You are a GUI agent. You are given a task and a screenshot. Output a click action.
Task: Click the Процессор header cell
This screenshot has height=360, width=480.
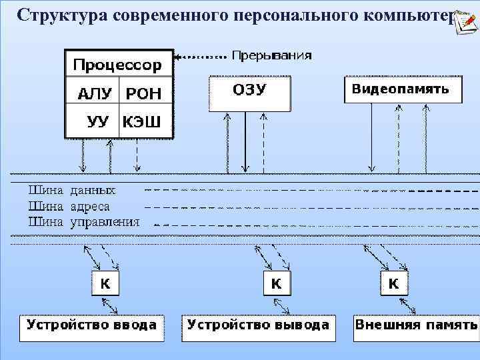coord(118,65)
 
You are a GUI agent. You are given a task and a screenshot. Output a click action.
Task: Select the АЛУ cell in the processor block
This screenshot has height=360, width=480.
coord(92,94)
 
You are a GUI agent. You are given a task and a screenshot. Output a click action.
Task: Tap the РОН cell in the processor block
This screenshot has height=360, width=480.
coord(144,94)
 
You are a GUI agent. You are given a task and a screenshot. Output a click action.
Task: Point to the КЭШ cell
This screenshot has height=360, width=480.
coord(145,121)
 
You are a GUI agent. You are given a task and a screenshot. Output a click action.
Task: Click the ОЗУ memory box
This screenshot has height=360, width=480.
coord(250,93)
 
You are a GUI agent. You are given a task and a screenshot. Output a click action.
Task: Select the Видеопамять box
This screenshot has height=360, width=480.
coord(403,89)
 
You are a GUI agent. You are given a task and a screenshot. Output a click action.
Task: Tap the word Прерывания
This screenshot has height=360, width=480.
coord(271,56)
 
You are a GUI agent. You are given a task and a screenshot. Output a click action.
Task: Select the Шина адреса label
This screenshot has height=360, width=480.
coord(69,207)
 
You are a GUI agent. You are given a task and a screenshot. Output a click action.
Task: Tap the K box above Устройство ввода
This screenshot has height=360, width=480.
coord(105,283)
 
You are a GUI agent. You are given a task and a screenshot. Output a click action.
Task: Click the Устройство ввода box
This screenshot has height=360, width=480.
coord(92,327)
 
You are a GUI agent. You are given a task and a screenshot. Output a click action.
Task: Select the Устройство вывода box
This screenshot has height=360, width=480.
coord(259,327)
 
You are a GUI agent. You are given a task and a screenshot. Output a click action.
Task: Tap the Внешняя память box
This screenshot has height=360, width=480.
coord(416,327)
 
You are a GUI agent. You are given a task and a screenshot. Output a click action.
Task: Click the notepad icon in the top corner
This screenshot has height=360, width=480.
coord(467,20)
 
